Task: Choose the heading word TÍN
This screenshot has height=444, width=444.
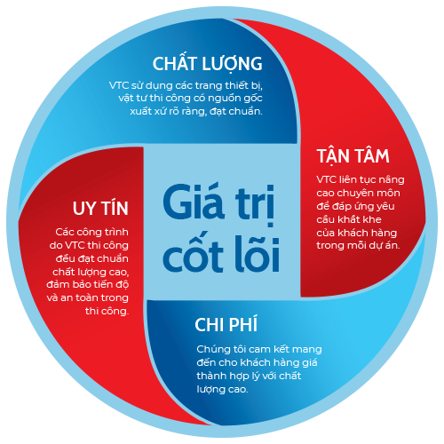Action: (115, 207)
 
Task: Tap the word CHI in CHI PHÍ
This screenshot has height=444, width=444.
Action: (210, 325)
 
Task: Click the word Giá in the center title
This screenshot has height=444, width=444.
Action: (194, 201)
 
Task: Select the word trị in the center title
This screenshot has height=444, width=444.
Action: (255, 205)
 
